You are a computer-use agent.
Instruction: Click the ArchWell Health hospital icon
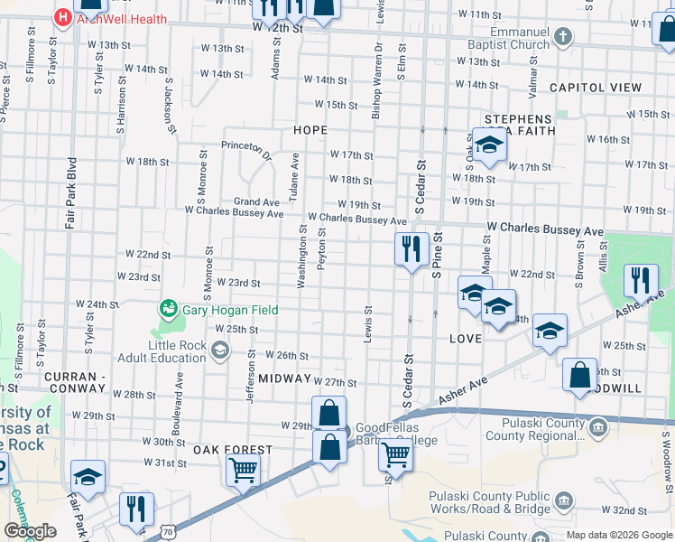pos(63,16)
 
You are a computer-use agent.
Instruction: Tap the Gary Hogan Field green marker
pos(168,310)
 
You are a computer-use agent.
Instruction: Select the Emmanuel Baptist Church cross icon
pos(563,36)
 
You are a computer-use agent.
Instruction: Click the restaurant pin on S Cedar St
pos(411,249)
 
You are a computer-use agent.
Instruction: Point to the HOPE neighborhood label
pos(310,130)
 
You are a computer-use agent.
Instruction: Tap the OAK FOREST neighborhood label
pos(232,449)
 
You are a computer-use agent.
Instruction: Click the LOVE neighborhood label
pos(465,338)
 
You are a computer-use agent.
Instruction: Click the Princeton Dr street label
pos(246,149)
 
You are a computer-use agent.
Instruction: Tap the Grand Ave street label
pos(257,201)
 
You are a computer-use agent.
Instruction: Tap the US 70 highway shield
pos(168,533)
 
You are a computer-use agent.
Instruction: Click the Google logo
pos(30,531)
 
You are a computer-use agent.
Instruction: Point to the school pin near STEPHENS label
pos(489,146)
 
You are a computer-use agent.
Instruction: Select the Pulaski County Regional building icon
pos(596,425)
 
